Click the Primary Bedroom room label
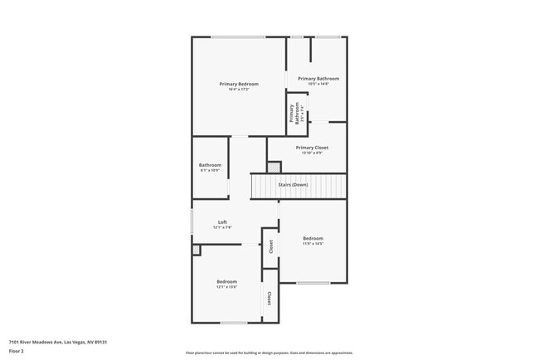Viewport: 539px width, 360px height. (238, 84)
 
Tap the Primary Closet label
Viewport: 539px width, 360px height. (312, 148)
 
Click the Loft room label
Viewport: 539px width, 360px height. (222, 221)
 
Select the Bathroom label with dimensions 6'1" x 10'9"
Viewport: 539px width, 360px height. (210, 165)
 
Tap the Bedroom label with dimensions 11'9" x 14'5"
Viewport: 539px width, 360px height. (313, 238)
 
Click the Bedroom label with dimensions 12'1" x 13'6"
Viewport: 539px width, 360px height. (227, 281)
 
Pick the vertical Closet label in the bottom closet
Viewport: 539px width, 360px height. (269, 297)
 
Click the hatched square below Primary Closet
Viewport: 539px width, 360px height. (274, 167)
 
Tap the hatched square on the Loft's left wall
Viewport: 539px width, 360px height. (196, 249)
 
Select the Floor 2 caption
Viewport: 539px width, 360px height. (17, 351)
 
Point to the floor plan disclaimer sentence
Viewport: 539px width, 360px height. (269, 353)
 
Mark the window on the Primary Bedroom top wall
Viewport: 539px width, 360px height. (238, 36)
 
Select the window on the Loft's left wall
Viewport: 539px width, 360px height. (192, 221)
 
